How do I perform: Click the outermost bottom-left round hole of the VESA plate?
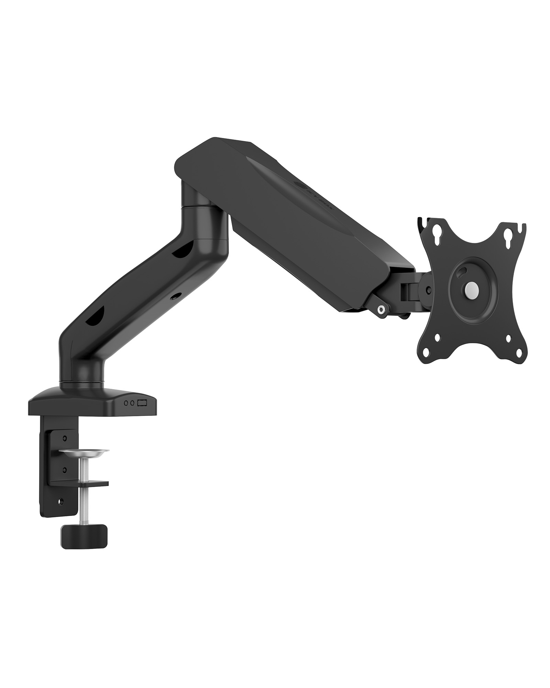(426, 352)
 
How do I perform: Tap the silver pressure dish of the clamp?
(84, 451)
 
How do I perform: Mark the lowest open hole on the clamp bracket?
(62, 502)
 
